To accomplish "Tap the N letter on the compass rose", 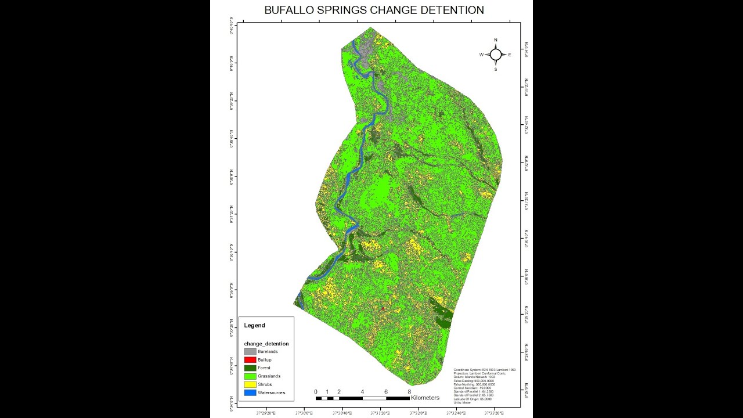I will point(496,40).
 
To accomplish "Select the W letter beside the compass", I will point(481,55).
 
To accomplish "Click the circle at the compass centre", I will point(496,55).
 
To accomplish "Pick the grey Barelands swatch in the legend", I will point(250,352).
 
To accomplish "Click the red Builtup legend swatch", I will point(250,360).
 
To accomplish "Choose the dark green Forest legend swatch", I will point(250,368).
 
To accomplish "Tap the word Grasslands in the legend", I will point(269,376).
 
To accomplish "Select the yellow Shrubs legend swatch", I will point(250,384).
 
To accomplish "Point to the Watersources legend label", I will point(271,393).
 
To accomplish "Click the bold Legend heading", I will point(254,326).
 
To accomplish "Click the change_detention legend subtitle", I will point(266,344).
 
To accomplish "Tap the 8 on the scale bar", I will point(409,392).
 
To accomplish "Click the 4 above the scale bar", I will point(362,392).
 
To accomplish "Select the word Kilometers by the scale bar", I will point(425,398).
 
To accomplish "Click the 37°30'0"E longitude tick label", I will point(304,413).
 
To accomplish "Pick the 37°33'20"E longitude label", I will point(494,413).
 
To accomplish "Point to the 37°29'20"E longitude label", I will point(266,413).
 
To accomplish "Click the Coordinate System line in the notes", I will point(484,370).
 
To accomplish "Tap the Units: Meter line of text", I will point(463,402).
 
